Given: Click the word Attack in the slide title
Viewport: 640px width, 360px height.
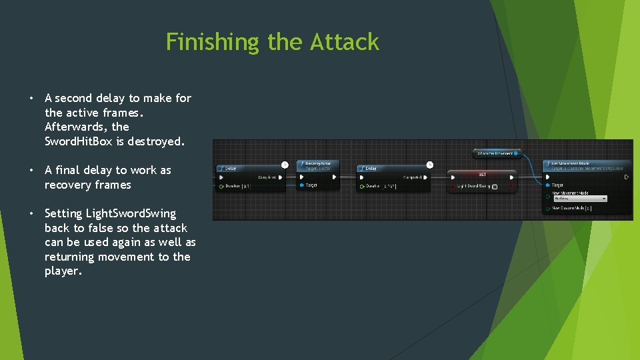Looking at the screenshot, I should tap(345, 43).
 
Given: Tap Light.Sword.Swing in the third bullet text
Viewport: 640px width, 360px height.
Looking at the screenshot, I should tap(110, 213).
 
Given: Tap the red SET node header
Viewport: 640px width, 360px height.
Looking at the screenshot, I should tap(481, 175).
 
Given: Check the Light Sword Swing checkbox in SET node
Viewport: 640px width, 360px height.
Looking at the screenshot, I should tap(494, 187).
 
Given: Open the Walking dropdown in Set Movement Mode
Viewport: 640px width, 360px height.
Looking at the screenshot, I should tap(579, 198).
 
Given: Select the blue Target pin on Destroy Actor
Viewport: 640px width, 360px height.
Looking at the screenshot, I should tap(301, 185).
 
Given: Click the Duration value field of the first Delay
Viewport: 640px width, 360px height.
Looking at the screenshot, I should tap(246, 187).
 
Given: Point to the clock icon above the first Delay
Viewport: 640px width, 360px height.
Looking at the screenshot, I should tap(285, 164).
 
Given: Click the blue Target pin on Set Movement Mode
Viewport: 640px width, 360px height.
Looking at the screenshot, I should tap(547, 185).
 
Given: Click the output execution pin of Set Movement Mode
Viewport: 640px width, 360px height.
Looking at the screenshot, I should tap(626, 177).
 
